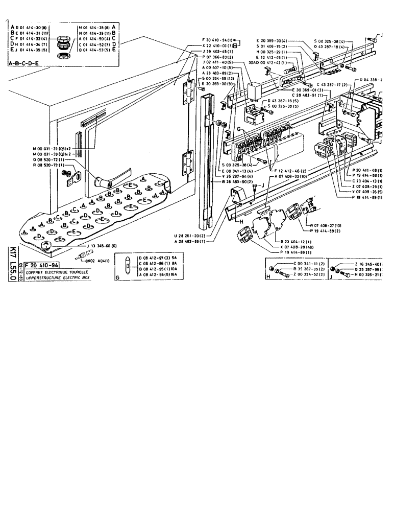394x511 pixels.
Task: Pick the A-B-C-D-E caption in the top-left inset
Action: [x=24, y=63]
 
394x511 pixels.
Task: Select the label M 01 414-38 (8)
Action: [x=95, y=26]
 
